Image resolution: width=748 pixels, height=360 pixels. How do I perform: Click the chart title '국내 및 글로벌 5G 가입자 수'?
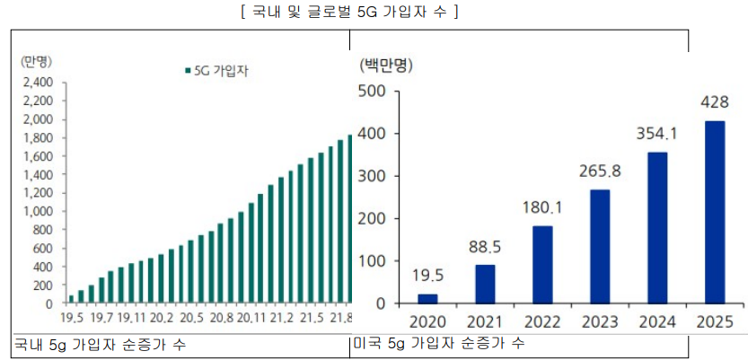pos(373,13)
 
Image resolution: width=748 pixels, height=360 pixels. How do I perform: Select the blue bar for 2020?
pos(427,299)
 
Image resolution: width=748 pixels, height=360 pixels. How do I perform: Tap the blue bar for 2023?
pos(600,247)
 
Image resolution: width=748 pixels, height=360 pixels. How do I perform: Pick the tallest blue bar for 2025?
pos(715,212)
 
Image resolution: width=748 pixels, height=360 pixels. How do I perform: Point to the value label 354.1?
pos(656,135)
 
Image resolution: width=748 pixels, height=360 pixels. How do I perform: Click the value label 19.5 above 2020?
pos(427,277)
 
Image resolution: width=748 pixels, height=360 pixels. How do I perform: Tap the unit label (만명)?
pos(36,61)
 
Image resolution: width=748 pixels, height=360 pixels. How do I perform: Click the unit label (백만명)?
pos(385,65)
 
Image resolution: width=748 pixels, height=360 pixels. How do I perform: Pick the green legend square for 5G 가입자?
pos(186,70)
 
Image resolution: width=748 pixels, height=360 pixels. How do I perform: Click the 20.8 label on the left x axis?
pos(224,317)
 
